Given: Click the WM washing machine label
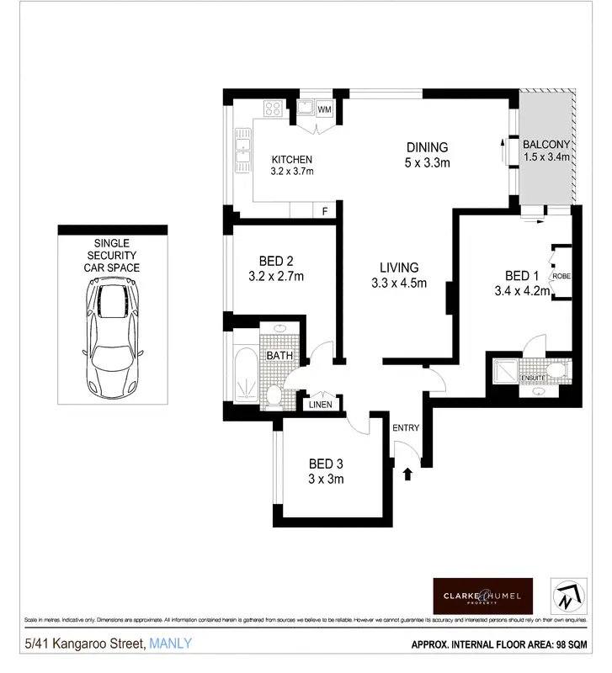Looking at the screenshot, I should (x=323, y=109).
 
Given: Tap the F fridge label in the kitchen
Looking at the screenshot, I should (x=324, y=210).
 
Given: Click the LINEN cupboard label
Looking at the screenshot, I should (x=321, y=405).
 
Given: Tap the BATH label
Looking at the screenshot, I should (x=279, y=356).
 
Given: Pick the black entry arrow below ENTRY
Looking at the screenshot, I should (x=407, y=474).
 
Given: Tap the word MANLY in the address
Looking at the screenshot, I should (x=170, y=644).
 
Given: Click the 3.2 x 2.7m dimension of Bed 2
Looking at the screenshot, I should (x=277, y=275).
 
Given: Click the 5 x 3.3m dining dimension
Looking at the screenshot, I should (x=426, y=162).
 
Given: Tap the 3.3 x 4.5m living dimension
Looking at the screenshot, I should (x=399, y=283).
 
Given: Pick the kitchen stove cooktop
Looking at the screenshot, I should (x=274, y=109).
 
